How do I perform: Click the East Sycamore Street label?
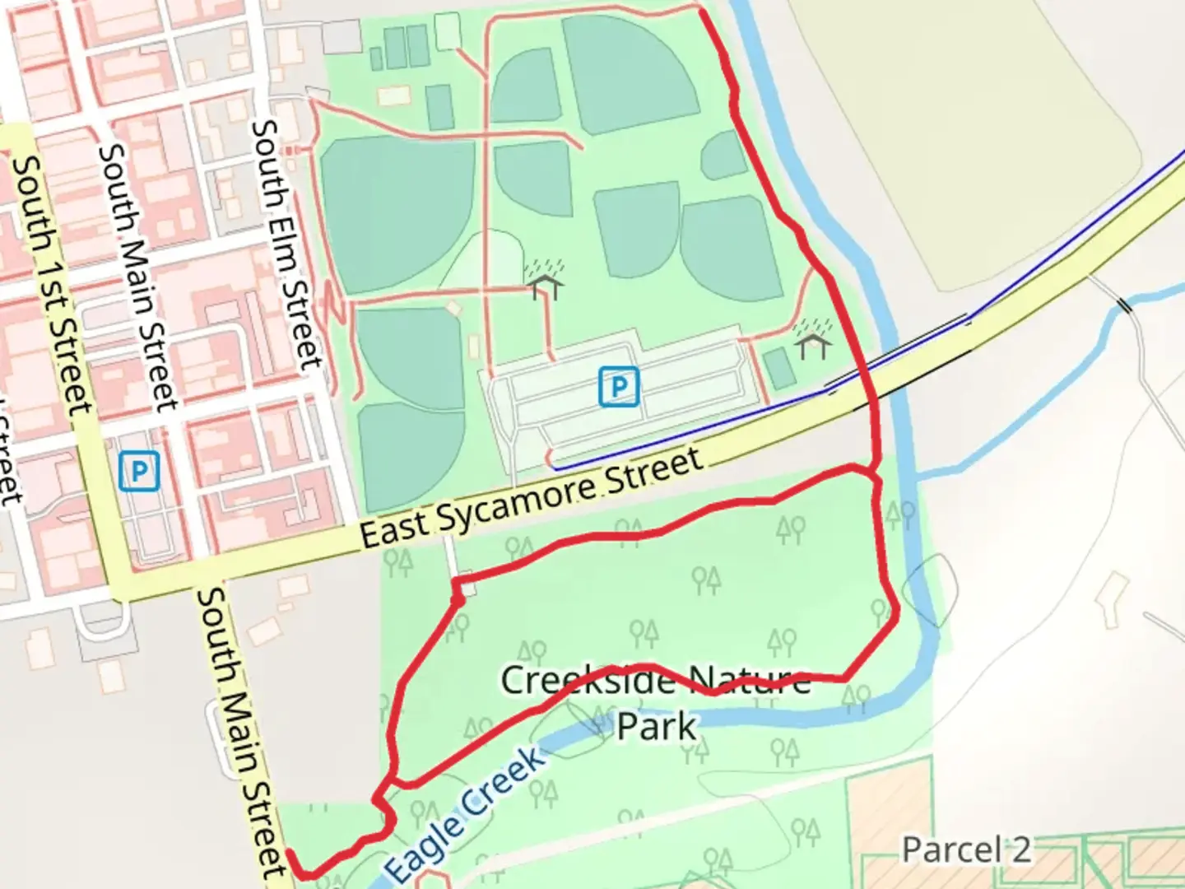[531, 499]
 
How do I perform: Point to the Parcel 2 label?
[965, 849]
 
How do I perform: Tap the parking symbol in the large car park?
[619, 386]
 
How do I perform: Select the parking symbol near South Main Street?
[139, 471]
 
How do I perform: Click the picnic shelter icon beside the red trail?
[813, 341]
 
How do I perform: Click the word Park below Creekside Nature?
[657, 726]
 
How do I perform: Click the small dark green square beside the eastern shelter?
[779, 368]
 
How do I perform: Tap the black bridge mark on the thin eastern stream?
[1123, 305]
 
